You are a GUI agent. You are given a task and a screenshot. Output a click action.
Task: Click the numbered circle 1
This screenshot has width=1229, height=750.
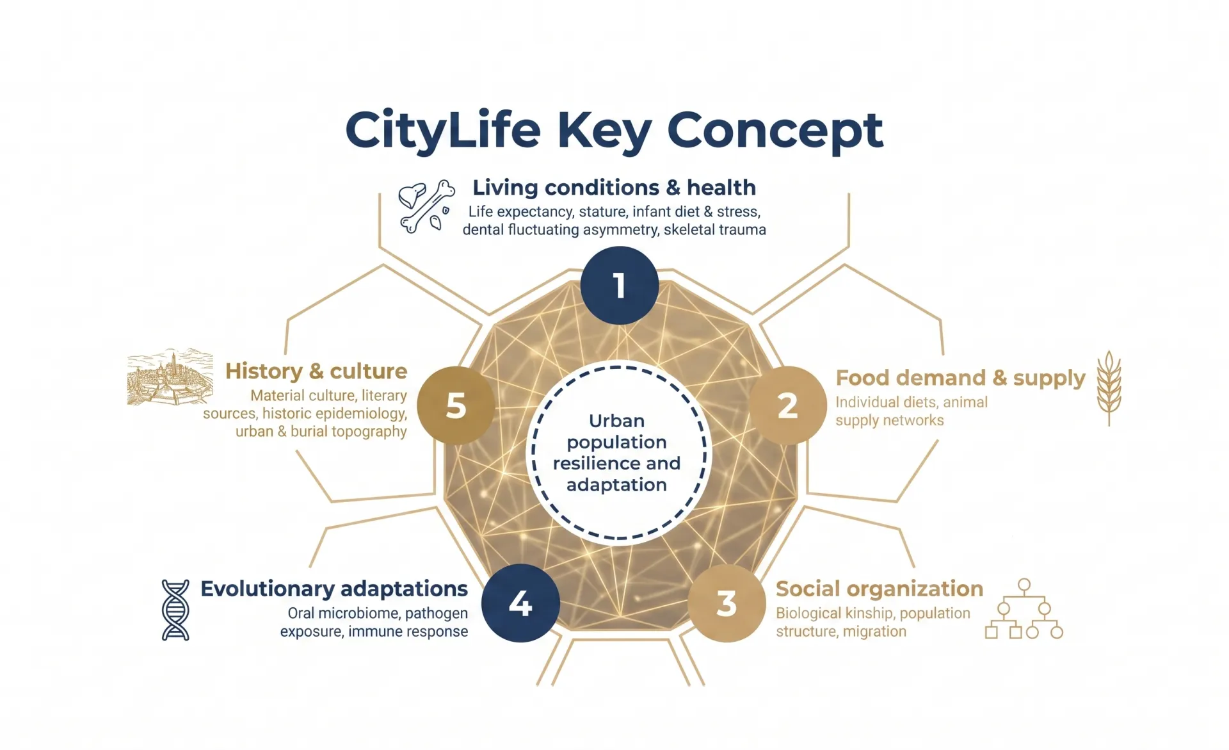coord(620,286)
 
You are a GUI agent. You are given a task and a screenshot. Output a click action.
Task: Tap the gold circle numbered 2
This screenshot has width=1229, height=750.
coord(787,405)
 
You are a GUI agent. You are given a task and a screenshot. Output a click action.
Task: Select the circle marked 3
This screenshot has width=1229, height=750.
coord(727,603)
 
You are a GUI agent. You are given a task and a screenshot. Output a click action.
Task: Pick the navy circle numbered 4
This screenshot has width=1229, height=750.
coord(520,603)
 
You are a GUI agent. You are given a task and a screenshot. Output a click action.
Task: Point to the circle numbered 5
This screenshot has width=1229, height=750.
coord(456,405)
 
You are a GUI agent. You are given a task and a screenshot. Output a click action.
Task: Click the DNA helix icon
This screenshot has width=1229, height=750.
coord(175,610)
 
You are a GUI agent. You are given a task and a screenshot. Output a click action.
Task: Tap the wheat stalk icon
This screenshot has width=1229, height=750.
coord(1109,388)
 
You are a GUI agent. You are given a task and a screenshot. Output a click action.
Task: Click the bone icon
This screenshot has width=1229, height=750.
coord(426,206)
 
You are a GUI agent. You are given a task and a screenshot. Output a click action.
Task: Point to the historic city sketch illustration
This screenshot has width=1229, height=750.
coord(170,377)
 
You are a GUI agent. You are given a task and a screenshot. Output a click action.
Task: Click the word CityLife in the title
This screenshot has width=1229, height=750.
coord(443,131)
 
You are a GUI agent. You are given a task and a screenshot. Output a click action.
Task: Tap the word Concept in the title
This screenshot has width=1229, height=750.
coord(775,131)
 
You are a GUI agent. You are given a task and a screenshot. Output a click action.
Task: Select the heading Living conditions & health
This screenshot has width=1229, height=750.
coord(614,188)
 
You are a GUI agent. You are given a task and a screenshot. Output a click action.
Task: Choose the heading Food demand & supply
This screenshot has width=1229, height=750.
coord(961,378)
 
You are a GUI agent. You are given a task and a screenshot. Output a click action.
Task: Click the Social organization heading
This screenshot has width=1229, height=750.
coord(880,589)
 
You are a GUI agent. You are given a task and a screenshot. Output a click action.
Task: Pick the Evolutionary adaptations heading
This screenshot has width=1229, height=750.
coord(334,589)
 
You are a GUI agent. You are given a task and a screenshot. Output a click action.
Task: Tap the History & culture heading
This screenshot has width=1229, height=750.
coord(316,371)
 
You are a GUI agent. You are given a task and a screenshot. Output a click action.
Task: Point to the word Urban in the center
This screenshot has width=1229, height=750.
coord(616,421)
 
